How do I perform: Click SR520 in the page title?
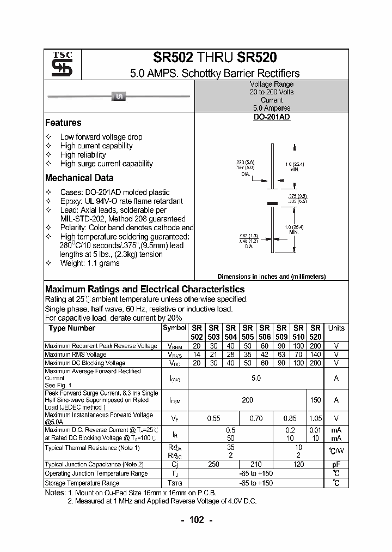tap(257, 58)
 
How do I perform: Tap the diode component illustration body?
tap(119, 97)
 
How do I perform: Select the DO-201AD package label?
tap(271, 117)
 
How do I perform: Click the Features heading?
tap(63, 123)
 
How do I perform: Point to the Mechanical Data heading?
tap(79, 178)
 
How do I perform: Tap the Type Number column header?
tap(72, 328)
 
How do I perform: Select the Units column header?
tap(336, 328)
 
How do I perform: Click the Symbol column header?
tap(175, 328)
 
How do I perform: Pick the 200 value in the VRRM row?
tap(315, 346)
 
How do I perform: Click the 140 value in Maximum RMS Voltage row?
tap(315, 355)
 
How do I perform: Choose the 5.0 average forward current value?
tap(256, 378)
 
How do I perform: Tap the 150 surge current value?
tap(315, 400)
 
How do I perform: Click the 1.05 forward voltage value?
tap(315, 418)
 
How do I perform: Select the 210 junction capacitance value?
tap(256, 464)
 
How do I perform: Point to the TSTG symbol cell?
tap(175, 483)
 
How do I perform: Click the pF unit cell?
tap(336, 464)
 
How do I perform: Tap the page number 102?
tap(196, 520)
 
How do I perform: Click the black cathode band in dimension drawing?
tap(271, 203)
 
